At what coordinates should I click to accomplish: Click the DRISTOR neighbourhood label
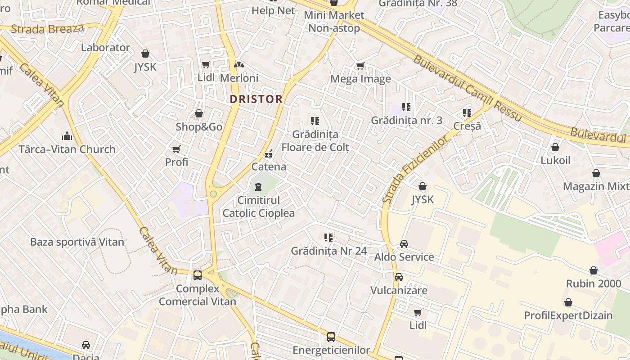click(256, 99)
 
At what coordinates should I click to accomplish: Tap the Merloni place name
click(239, 78)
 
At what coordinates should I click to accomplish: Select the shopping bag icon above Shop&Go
click(199, 114)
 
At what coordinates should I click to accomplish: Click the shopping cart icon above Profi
click(176, 149)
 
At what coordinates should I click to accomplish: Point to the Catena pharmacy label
click(269, 166)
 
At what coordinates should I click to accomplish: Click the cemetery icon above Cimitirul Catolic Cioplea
click(258, 186)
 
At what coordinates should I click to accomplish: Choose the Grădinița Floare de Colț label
click(315, 140)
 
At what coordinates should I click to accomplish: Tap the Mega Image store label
click(360, 79)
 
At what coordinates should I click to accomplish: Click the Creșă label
click(467, 126)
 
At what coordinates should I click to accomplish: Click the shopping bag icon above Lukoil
click(555, 147)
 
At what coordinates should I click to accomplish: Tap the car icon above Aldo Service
click(404, 244)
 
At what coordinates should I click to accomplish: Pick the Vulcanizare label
click(398, 290)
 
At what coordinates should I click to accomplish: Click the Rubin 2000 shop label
click(594, 284)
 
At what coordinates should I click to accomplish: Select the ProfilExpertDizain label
click(568, 315)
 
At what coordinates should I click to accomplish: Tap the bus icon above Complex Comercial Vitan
click(198, 275)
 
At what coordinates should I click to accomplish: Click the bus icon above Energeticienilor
click(331, 337)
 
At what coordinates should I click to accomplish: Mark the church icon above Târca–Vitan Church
click(67, 135)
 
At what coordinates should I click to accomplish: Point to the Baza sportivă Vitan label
click(77, 242)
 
